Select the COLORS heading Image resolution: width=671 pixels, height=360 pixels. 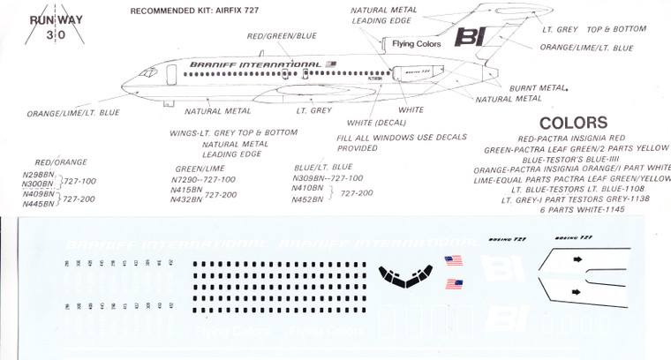[x=572, y=123]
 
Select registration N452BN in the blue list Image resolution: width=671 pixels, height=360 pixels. [x=305, y=199]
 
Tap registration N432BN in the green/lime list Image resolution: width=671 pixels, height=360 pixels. [x=185, y=199]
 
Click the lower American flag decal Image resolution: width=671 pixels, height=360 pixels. [x=456, y=283]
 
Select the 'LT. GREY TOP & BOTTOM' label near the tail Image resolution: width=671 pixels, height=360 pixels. [x=593, y=29]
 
